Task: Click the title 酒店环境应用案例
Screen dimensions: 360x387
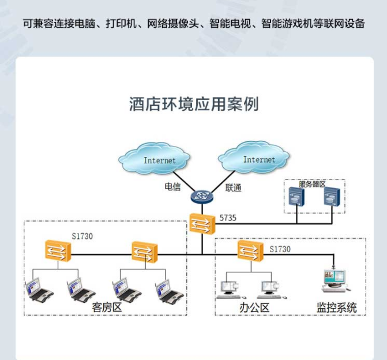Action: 193,104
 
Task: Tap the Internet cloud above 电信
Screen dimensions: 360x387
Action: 156,160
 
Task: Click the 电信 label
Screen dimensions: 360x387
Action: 172,187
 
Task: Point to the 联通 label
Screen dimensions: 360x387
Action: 233,187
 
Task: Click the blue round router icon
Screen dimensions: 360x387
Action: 202,196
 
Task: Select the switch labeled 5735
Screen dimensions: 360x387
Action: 202,223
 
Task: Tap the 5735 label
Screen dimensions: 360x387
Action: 228,218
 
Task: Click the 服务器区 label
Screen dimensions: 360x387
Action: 312,184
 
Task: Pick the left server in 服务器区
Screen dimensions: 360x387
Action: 296,200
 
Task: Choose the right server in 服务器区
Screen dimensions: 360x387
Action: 332,200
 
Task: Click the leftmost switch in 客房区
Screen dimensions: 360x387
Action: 59,251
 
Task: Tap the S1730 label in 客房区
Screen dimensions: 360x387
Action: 82,236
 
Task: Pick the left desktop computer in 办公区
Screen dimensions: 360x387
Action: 229,287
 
